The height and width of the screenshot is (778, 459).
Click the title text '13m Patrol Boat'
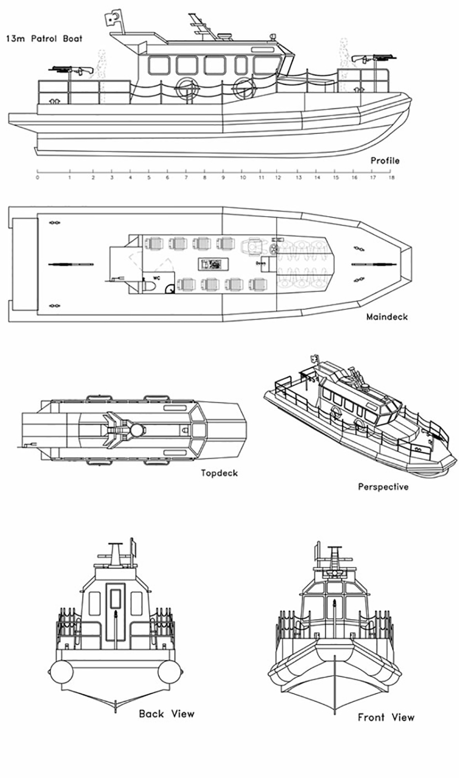point(44,39)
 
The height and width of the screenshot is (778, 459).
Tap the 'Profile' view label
point(385,161)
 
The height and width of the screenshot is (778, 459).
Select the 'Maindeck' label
point(387,317)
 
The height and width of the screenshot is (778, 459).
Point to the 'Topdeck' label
point(220,473)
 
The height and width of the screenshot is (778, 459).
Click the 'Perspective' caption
point(383,487)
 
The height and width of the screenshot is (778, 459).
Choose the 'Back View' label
point(166,714)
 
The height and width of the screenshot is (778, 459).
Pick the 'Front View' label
point(386,718)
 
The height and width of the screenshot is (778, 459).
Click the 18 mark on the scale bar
point(392,178)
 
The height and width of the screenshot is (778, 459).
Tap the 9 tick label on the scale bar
point(223,178)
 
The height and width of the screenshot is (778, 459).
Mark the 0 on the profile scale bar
point(37,178)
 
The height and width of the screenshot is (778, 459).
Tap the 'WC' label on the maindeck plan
point(157,279)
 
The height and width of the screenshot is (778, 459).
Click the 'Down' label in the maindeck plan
point(261,264)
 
